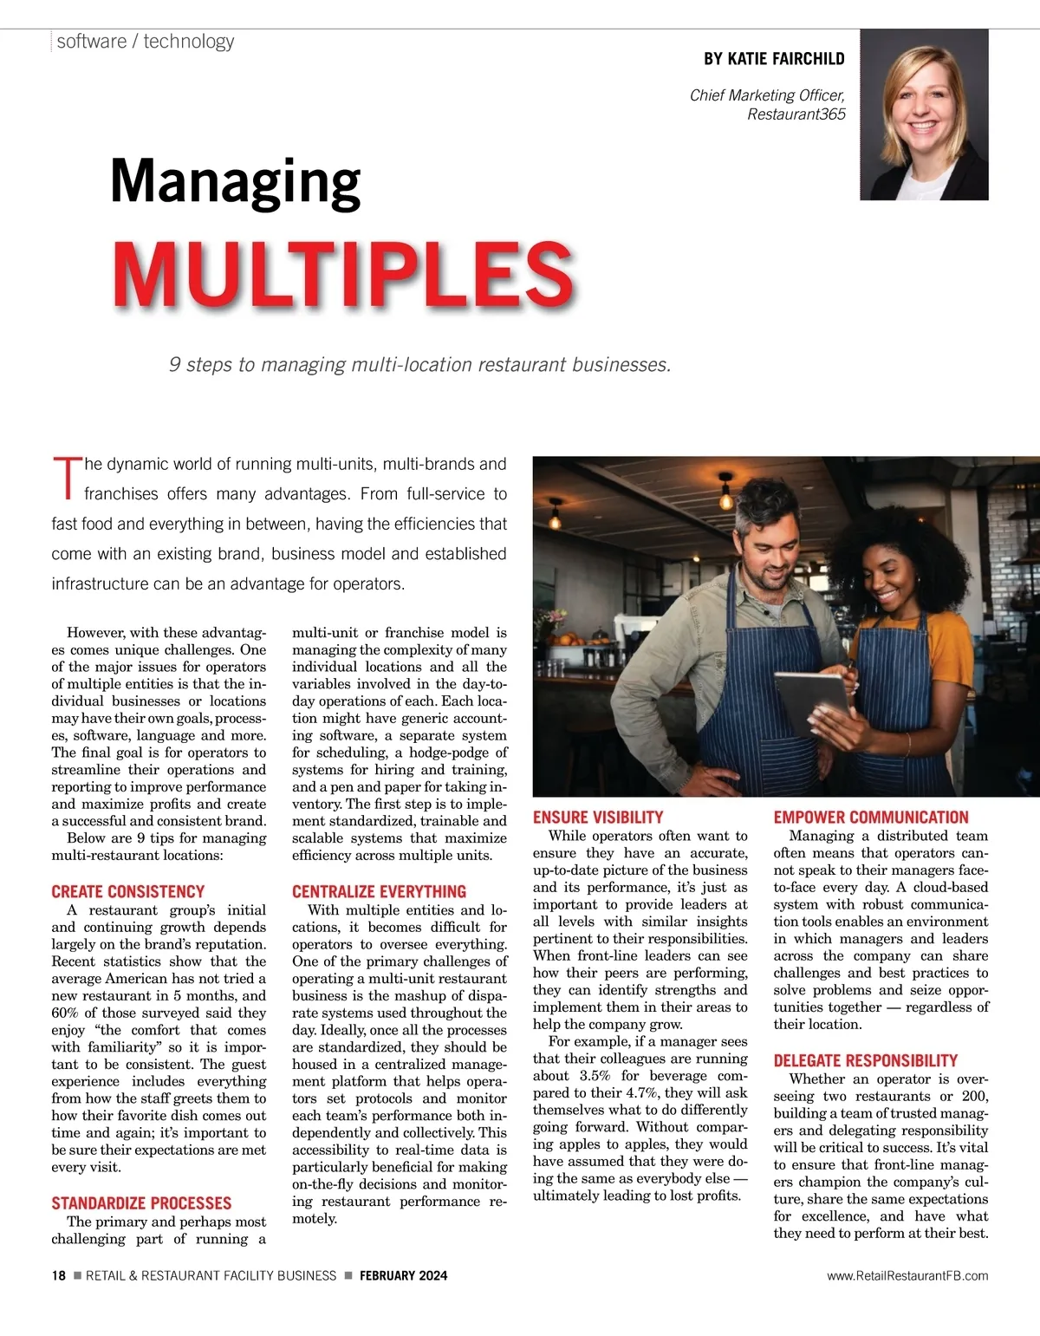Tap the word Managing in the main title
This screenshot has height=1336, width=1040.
(x=235, y=182)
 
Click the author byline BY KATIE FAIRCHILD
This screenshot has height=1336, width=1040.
(x=774, y=59)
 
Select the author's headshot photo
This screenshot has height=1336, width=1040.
(x=924, y=115)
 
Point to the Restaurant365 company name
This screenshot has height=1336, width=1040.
(x=796, y=114)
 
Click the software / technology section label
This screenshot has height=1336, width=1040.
(x=146, y=42)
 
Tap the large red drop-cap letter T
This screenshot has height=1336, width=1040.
(x=66, y=479)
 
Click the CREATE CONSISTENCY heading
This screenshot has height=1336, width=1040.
(x=127, y=891)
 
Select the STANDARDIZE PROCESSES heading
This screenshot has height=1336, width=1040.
(x=141, y=1203)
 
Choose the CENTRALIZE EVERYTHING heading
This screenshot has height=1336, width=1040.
(x=379, y=891)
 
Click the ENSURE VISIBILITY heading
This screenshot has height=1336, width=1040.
(x=598, y=817)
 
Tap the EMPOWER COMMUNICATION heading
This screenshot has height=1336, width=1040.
(x=871, y=817)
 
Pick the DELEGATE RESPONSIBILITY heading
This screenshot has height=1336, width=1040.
(x=865, y=1060)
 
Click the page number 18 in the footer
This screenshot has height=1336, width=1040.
(x=58, y=1275)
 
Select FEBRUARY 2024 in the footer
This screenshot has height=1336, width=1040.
(x=403, y=1275)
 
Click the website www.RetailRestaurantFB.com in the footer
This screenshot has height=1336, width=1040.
(x=907, y=1275)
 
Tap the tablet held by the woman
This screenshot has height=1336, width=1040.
(x=811, y=703)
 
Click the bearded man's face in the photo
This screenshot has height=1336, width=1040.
(x=773, y=552)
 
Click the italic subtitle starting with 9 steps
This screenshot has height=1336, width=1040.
(x=419, y=365)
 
